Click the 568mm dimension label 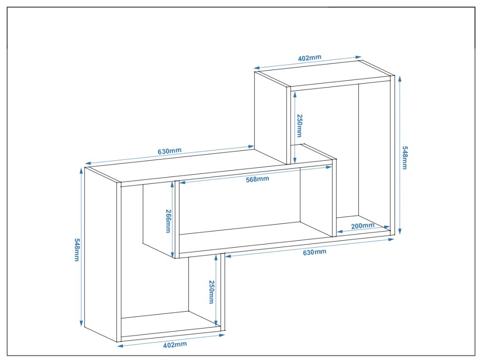(257, 179)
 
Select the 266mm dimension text (168, 221)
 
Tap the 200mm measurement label (363, 226)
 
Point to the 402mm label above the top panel (310, 58)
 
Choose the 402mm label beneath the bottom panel (175, 345)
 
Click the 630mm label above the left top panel (170, 151)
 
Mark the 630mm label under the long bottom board (314, 252)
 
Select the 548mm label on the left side (77, 250)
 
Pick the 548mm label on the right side (405, 157)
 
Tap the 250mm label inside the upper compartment (299, 126)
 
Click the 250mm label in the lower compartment (211, 291)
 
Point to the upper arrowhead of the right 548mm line (400, 79)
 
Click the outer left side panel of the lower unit (101, 254)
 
